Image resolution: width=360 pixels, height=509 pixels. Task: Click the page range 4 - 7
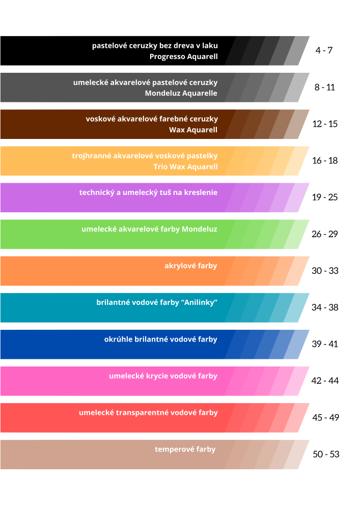(324, 50)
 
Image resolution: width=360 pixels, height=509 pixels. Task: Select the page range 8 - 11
(324, 87)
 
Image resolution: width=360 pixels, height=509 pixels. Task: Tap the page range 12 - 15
(325, 124)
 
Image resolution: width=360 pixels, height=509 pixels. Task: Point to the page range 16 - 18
(325, 160)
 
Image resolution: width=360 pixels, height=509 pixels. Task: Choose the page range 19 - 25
(325, 197)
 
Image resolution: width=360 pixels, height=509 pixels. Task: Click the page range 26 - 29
(325, 234)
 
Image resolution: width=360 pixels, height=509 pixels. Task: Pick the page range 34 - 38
(325, 307)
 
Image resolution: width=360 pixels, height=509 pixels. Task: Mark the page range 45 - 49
(325, 417)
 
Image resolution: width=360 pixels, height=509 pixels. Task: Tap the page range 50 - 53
(326, 454)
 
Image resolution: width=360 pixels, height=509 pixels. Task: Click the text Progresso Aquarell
(183, 56)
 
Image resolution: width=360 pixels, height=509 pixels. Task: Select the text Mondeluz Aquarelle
(181, 93)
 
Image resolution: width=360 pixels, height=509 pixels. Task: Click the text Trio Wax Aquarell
(185, 167)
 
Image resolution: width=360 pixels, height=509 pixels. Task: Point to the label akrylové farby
(191, 266)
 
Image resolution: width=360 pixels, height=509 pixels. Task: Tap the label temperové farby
(185, 449)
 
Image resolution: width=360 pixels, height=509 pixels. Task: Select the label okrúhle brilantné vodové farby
(160, 339)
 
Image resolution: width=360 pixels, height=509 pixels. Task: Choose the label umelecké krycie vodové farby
(163, 376)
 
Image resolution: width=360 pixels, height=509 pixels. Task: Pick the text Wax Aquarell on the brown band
(193, 130)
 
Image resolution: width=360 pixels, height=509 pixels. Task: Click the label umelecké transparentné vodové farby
(148, 413)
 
